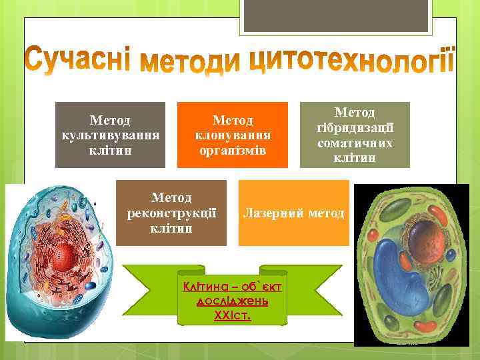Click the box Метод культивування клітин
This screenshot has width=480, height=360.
(110, 134)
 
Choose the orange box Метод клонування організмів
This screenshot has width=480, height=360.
(232, 134)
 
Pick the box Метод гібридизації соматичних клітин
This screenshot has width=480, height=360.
(355, 134)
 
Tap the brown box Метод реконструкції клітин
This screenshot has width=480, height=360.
(171, 213)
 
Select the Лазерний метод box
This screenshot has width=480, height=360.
(294, 213)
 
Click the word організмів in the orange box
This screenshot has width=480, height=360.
(232, 149)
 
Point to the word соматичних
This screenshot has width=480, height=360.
(355, 143)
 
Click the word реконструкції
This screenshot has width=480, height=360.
(171, 213)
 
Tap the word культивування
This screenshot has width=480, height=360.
(110, 135)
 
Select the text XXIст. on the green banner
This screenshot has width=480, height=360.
(233, 315)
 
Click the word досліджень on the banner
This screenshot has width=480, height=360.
(233, 301)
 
